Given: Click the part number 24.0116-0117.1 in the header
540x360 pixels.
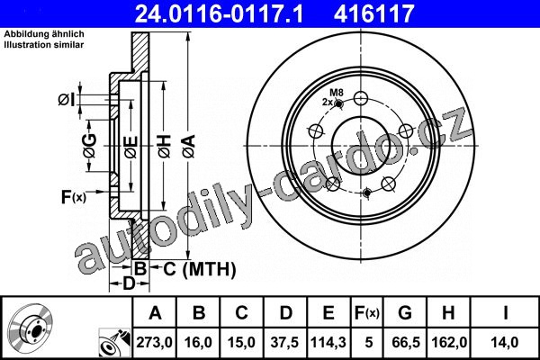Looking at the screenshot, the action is pos(219,13).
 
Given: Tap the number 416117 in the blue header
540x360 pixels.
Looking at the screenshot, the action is pos(373,13).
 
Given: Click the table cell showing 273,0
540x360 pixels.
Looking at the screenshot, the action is pos(154,342).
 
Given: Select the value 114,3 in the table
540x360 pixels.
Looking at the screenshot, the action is pos(328,342).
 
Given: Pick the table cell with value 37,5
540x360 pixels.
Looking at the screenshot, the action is pos(284,342).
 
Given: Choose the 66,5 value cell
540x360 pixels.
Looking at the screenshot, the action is pos(406,342).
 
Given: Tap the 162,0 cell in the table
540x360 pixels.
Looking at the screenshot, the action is pos(449,342).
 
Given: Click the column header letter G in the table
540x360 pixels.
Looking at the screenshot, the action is pos(405,313).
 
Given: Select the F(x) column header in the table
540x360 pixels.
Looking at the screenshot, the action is pos(367,313).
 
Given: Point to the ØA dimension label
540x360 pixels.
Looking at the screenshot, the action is pos(189,147).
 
